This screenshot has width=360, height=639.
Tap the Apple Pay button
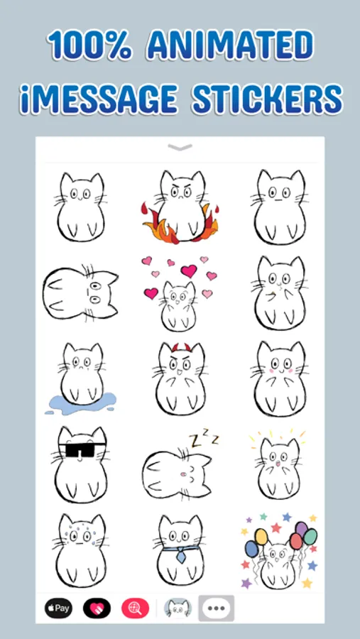pyautogui.click(x=58, y=608)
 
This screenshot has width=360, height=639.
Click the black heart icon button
pyautogui.click(x=97, y=608)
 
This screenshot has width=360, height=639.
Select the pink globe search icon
pyautogui.click(x=136, y=608)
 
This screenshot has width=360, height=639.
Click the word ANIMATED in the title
pyautogui.click(x=230, y=45)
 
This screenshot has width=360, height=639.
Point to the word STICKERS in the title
pyautogui.click(x=267, y=99)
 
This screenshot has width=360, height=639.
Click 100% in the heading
pyautogui.click(x=89, y=45)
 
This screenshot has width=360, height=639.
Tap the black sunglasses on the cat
pyautogui.click(x=82, y=450)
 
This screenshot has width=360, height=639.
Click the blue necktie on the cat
pyautogui.click(x=180, y=554)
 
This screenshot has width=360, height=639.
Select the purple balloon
pyautogui.click(x=301, y=528)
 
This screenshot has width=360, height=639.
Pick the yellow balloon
pyautogui.click(x=261, y=536)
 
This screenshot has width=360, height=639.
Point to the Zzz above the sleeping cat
pyautogui.click(x=204, y=439)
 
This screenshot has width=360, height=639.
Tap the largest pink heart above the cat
pyautogui.click(x=189, y=271)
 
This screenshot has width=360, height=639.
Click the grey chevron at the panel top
pyautogui.click(x=180, y=148)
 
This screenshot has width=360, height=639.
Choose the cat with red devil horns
pyautogui.click(x=180, y=378)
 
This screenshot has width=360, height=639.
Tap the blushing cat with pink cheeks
pyautogui.click(x=279, y=378)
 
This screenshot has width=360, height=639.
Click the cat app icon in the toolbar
pyautogui.click(x=178, y=608)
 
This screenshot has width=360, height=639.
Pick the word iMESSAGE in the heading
pyautogui.click(x=98, y=99)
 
